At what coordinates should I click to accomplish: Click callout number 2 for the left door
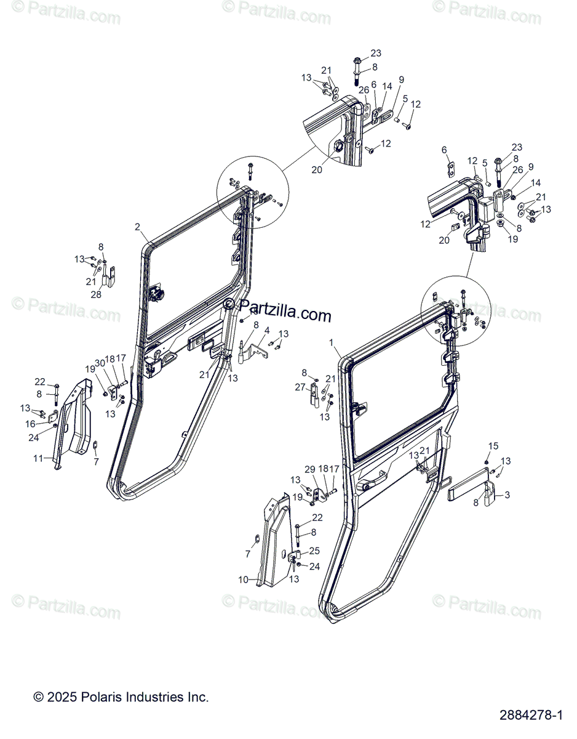pos(138,227)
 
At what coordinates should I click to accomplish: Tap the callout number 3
pos(507,495)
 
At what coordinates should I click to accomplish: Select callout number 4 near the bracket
pos(267,331)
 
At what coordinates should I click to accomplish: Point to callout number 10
pos(244,579)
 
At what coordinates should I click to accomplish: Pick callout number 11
pos(38,459)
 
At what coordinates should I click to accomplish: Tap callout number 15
pos(493,446)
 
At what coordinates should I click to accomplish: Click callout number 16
pos(31,424)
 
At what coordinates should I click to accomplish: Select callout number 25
pos(314,550)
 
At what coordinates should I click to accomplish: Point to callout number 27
pos(300,387)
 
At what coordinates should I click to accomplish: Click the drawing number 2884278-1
pos(533,716)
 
